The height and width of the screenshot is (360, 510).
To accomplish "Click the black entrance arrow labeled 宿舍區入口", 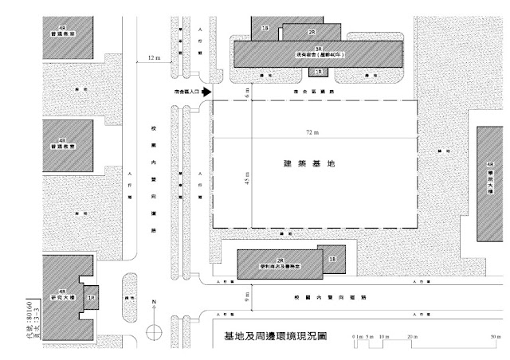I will (205, 93).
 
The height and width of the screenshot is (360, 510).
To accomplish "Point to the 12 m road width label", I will (154, 58).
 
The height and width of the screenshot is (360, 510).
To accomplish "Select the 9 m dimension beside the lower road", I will (247, 295).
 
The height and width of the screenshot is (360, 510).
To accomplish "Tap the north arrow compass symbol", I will (155, 331).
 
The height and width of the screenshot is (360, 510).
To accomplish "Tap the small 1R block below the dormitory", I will (319, 72).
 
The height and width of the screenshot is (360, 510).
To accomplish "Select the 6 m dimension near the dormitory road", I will (247, 92).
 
